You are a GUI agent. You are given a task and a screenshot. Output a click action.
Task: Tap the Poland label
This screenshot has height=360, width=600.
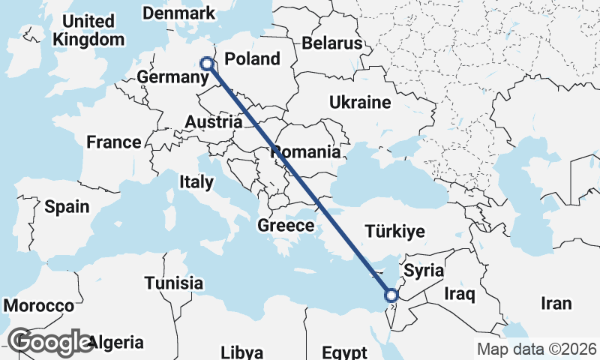(252, 58)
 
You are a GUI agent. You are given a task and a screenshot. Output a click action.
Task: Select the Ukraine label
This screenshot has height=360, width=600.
(360, 103)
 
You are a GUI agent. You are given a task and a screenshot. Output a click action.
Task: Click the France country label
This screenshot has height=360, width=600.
(113, 142)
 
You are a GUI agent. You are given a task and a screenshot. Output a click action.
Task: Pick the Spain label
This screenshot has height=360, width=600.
(67, 207)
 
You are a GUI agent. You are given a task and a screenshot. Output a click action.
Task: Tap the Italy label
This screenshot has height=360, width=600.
(196, 181)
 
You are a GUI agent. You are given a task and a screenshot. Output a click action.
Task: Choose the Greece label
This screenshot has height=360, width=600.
(285, 226)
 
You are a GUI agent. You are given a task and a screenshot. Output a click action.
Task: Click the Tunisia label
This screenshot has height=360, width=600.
(174, 283)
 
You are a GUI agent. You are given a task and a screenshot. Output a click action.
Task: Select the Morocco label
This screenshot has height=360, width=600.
(39, 306)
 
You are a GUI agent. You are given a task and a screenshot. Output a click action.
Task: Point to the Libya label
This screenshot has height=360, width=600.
(242, 352)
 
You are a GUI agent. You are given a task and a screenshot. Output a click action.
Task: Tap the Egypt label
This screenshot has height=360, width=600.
(344, 352)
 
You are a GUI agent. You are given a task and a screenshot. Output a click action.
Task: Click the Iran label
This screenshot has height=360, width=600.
(556, 303)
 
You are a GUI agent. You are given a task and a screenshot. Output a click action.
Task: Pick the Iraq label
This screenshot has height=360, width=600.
(459, 294)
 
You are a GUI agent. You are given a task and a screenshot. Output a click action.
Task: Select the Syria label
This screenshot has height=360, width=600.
(424, 271)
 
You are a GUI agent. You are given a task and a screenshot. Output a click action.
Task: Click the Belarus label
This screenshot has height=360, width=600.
(332, 43)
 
